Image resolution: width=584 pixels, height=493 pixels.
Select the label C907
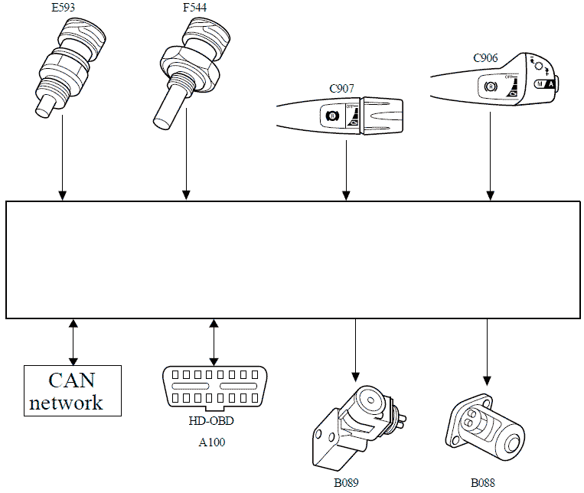[343, 89]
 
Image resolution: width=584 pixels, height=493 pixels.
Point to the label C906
[485, 57]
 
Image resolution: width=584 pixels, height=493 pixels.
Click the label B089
[346, 483]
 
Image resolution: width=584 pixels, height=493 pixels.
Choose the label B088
[483, 483]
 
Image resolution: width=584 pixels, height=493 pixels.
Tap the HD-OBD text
[210, 421]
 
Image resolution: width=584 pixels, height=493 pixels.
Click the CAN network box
[73, 390]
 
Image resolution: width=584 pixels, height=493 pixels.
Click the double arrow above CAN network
[73, 341]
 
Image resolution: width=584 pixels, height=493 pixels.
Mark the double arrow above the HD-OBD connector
[214, 341]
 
